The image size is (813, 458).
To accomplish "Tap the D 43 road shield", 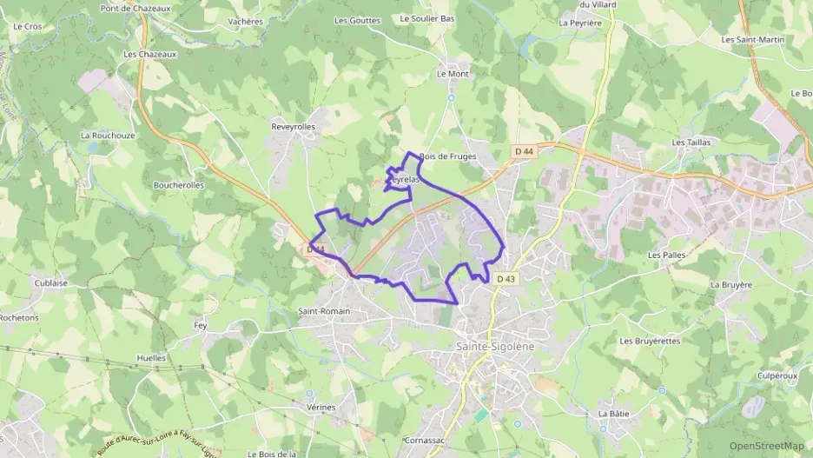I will click(506, 278).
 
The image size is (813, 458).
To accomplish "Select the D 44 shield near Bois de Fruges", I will click(523, 151).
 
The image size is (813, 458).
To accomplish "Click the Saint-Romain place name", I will click(323, 311).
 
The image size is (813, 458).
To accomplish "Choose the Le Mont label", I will click(453, 74).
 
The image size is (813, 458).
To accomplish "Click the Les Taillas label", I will click(691, 142).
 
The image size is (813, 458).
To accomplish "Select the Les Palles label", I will click(666, 256).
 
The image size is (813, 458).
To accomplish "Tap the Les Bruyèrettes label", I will click(650, 342).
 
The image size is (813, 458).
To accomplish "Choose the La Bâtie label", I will click(613, 414).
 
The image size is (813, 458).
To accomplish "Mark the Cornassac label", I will click(425, 441).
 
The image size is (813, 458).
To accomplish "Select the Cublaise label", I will click(51, 282).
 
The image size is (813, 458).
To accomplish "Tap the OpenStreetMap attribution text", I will click(766, 446).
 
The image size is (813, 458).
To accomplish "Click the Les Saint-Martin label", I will click(753, 39).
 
